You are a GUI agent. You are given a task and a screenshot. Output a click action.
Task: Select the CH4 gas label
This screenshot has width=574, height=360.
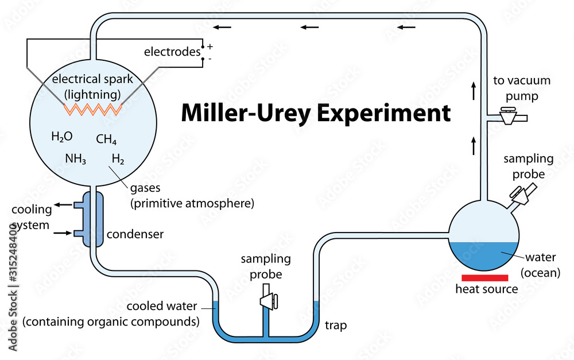pos(106,140)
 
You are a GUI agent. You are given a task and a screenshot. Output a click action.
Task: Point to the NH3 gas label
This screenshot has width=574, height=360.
pos(75,160)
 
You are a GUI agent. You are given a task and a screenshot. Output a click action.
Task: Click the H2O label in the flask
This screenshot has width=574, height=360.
pos(62,137)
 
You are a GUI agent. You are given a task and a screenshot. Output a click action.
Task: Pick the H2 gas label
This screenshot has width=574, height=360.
pos(118,160)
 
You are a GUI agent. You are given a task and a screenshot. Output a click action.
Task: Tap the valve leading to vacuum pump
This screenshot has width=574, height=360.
pos(509,117)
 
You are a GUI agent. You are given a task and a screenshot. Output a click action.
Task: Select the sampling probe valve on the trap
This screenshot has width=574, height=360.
pos(268,300)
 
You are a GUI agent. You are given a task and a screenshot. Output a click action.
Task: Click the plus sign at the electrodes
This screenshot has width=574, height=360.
pos(210,45)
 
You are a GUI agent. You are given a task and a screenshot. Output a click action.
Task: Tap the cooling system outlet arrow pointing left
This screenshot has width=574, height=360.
pos(63,204)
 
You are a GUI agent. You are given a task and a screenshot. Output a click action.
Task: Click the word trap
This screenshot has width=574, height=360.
pos(336,326)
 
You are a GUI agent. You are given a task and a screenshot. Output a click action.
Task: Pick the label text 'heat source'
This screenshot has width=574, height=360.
pos(486,289)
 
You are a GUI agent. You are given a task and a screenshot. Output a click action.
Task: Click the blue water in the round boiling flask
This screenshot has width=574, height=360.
pos(483,256)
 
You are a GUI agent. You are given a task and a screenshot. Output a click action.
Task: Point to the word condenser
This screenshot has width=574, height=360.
pos(135,234)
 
